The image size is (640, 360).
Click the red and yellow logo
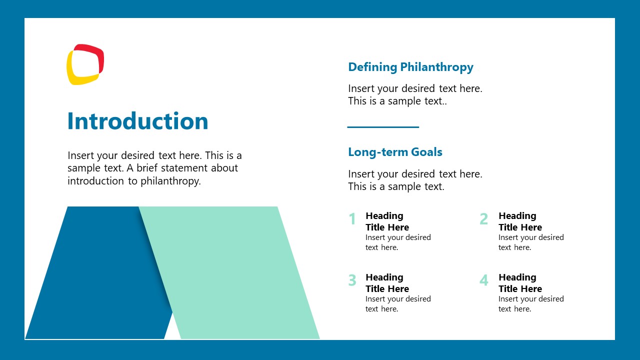(x=85, y=64)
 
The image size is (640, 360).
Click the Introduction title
(x=137, y=121)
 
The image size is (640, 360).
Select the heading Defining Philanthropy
(x=410, y=67)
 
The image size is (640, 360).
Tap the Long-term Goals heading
(x=395, y=152)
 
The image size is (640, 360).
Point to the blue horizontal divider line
(x=383, y=127)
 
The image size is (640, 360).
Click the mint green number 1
(x=352, y=219)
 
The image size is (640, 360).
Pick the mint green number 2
(x=483, y=219)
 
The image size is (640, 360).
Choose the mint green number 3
(x=352, y=280)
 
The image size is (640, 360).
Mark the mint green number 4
(x=483, y=280)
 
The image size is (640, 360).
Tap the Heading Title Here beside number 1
(x=387, y=221)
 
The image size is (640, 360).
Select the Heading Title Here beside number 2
(x=520, y=221)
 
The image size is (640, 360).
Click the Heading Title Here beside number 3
(x=387, y=283)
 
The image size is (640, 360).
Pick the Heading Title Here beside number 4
(x=520, y=283)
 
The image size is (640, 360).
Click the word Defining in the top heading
(x=372, y=67)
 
